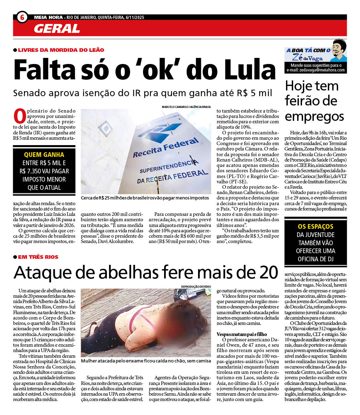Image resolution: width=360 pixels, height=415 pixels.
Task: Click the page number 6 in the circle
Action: point(22,17)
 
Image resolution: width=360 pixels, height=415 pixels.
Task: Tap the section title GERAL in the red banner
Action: point(57,28)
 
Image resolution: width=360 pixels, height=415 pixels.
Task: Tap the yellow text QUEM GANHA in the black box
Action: point(44,155)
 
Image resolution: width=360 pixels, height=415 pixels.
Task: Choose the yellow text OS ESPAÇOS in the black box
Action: point(315,227)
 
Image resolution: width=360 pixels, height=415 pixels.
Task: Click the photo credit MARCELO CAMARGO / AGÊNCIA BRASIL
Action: point(186,107)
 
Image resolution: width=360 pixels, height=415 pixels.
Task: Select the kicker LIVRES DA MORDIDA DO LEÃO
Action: point(61,50)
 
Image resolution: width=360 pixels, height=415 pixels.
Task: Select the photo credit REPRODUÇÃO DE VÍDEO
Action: point(196,287)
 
